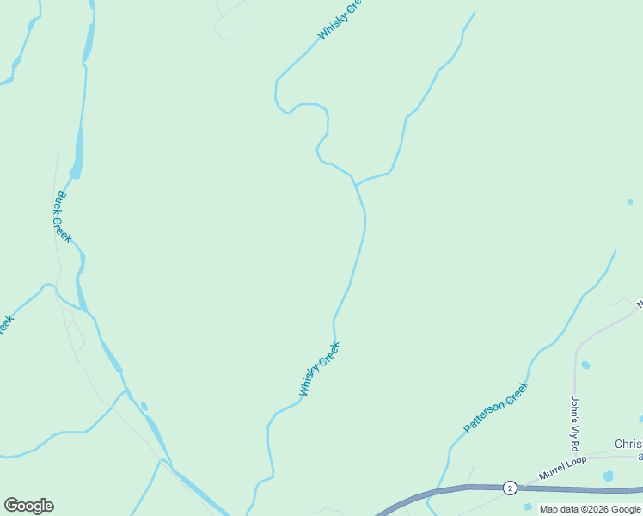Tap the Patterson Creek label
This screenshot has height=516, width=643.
495,407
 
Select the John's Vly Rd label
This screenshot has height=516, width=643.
575,424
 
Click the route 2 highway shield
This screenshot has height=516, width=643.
510,488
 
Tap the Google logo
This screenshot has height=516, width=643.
28,506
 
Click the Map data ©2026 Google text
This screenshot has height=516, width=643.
590,509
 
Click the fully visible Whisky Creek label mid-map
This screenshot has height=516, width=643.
319,369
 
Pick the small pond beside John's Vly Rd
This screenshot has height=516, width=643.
585,365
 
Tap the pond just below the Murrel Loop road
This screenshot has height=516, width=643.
609,476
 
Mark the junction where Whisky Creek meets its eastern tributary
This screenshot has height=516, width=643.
354,182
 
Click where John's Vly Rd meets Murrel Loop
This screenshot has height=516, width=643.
575,457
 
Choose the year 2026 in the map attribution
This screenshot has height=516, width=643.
597,509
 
